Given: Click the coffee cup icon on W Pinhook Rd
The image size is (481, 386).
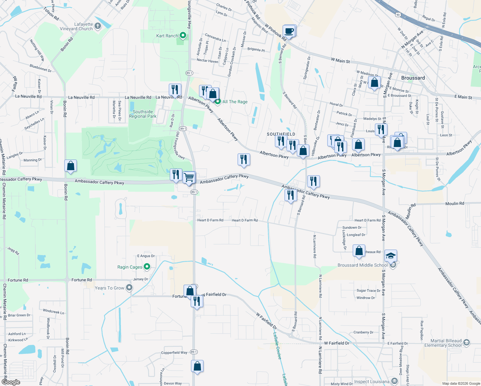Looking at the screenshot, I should (x=289, y=31).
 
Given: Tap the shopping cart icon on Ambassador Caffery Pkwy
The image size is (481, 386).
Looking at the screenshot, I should (x=189, y=177).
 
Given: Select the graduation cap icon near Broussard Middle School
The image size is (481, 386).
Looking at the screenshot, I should (x=390, y=256).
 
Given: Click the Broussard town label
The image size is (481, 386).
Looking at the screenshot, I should (x=413, y=78).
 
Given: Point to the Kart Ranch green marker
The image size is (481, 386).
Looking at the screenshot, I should (x=183, y=35).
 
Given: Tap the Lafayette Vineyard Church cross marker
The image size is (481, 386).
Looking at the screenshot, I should (x=98, y=26).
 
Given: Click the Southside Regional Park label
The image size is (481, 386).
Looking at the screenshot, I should (x=142, y=114).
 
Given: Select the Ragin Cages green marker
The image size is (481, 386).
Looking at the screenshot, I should (x=147, y=267).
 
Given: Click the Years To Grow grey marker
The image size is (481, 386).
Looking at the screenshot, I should (x=129, y=288).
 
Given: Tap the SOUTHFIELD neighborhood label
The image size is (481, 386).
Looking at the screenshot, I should (x=281, y=134).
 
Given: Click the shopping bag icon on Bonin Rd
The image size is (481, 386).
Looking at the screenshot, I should (x=70, y=166).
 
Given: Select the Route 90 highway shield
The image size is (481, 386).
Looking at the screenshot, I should (x=398, y=15).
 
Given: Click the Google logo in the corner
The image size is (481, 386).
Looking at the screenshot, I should (x=11, y=382).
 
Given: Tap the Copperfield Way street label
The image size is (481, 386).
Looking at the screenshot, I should (x=174, y=353).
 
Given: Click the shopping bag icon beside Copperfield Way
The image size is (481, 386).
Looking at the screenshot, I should (x=197, y=366).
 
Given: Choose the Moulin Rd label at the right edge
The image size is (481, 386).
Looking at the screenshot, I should (x=455, y=204).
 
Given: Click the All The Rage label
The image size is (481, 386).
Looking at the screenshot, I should (x=235, y=102).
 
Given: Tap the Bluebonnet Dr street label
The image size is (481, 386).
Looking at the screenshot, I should (x=41, y=68).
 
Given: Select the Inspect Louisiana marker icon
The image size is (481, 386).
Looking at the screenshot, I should (x=395, y=381).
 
